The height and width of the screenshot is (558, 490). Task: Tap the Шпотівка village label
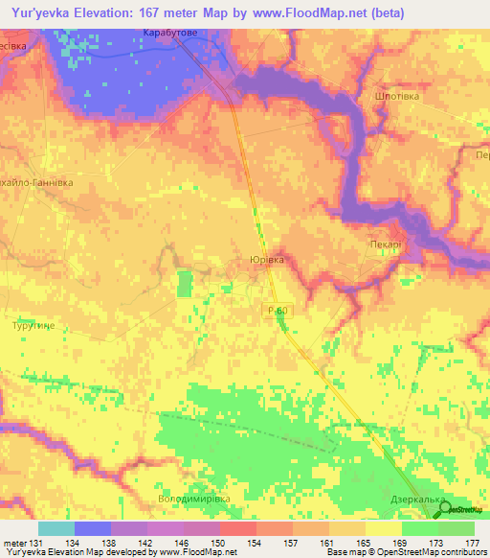(391, 97)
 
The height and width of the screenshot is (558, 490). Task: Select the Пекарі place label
(385, 244)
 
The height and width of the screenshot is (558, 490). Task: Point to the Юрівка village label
(266, 260)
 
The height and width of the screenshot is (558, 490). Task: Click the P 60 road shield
(277, 309)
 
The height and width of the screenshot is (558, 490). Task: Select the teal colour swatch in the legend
(56, 528)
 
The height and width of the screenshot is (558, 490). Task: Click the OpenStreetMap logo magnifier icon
(446, 509)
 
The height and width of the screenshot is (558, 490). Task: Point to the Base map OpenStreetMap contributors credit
(407, 552)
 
